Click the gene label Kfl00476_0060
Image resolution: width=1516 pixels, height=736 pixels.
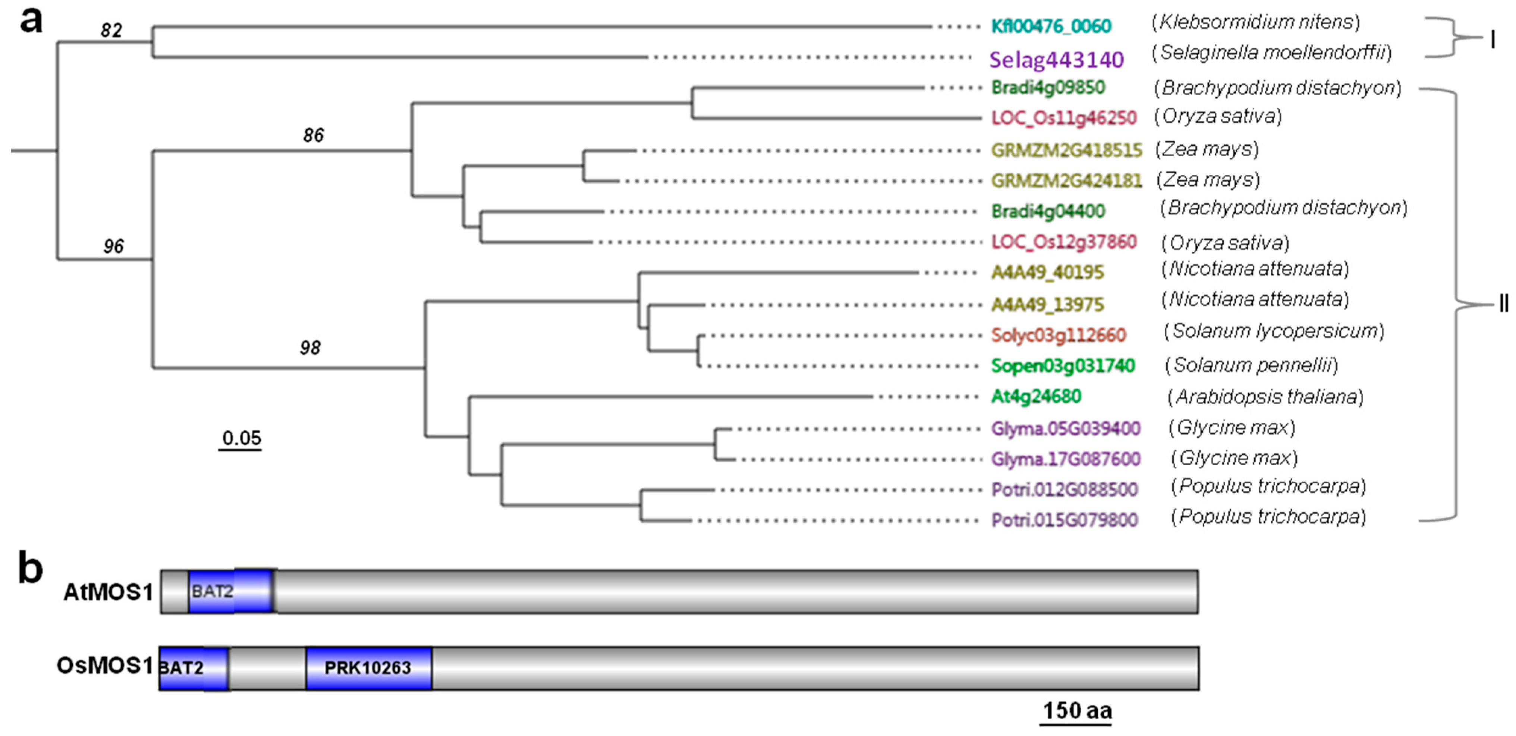click(1050, 26)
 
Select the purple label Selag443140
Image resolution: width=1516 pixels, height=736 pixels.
click(1056, 59)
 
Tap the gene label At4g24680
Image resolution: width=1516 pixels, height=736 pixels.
click(1036, 397)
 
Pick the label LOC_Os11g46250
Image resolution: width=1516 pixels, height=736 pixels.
click(1063, 118)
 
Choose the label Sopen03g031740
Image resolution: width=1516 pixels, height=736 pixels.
click(1062, 366)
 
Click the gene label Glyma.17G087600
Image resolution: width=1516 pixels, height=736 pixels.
click(1065, 459)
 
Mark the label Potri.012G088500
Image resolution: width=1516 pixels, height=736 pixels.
click(1064, 490)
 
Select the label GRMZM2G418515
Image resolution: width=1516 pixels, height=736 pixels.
click(1066, 151)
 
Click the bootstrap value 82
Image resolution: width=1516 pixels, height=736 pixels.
click(111, 30)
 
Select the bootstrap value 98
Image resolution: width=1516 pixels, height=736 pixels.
click(310, 348)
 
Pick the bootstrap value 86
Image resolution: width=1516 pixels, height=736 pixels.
click(313, 135)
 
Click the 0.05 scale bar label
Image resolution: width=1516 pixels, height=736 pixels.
click(241, 438)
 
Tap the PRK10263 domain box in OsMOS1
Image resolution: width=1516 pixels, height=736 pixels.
click(368, 668)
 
